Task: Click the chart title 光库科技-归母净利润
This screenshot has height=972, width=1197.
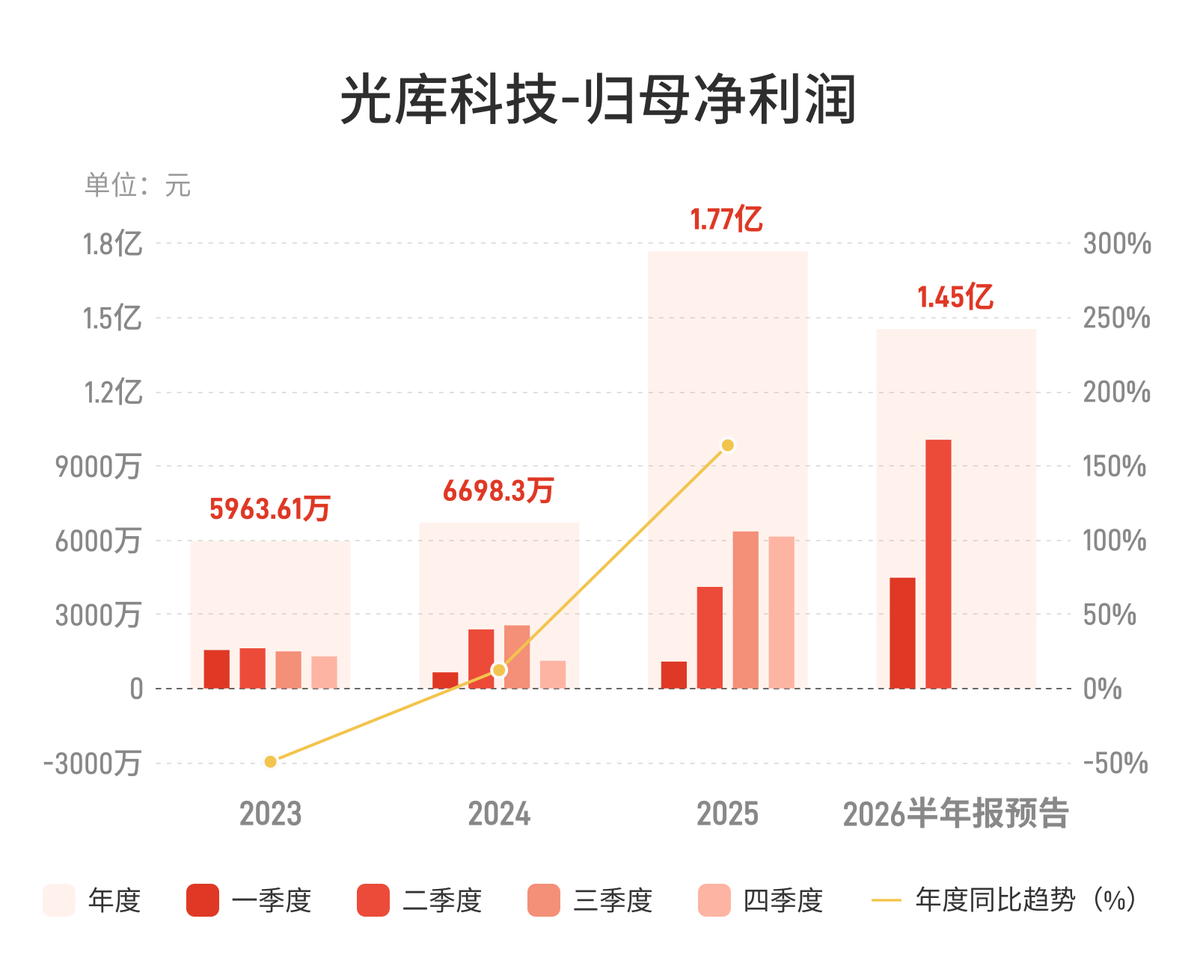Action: (598, 99)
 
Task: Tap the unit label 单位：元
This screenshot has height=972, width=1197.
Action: (138, 185)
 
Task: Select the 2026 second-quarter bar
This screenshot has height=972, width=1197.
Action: (938, 564)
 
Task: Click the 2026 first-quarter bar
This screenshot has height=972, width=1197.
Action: (902, 633)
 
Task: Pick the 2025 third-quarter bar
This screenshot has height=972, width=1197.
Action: (745, 610)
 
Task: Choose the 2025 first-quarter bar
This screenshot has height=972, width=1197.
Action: (674, 675)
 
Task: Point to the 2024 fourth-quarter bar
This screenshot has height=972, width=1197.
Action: (552, 674)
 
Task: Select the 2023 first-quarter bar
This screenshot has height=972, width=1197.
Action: (216, 668)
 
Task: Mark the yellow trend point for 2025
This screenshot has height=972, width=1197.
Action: (727, 446)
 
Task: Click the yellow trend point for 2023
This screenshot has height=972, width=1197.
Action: (270, 761)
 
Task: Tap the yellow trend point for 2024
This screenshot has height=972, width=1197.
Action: (498, 670)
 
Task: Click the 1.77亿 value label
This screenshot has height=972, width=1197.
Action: (726, 219)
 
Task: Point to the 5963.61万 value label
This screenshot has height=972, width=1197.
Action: (270, 508)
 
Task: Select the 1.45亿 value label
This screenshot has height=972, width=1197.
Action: (955, 297)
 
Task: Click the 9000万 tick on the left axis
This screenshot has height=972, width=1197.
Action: (98, 466)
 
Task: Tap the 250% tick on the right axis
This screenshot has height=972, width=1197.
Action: (1117, 318)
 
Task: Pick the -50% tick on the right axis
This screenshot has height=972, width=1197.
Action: (1115, 763)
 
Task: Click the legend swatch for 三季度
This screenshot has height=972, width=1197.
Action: (543, 900)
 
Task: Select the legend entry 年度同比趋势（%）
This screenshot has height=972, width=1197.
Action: (1003, 900)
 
